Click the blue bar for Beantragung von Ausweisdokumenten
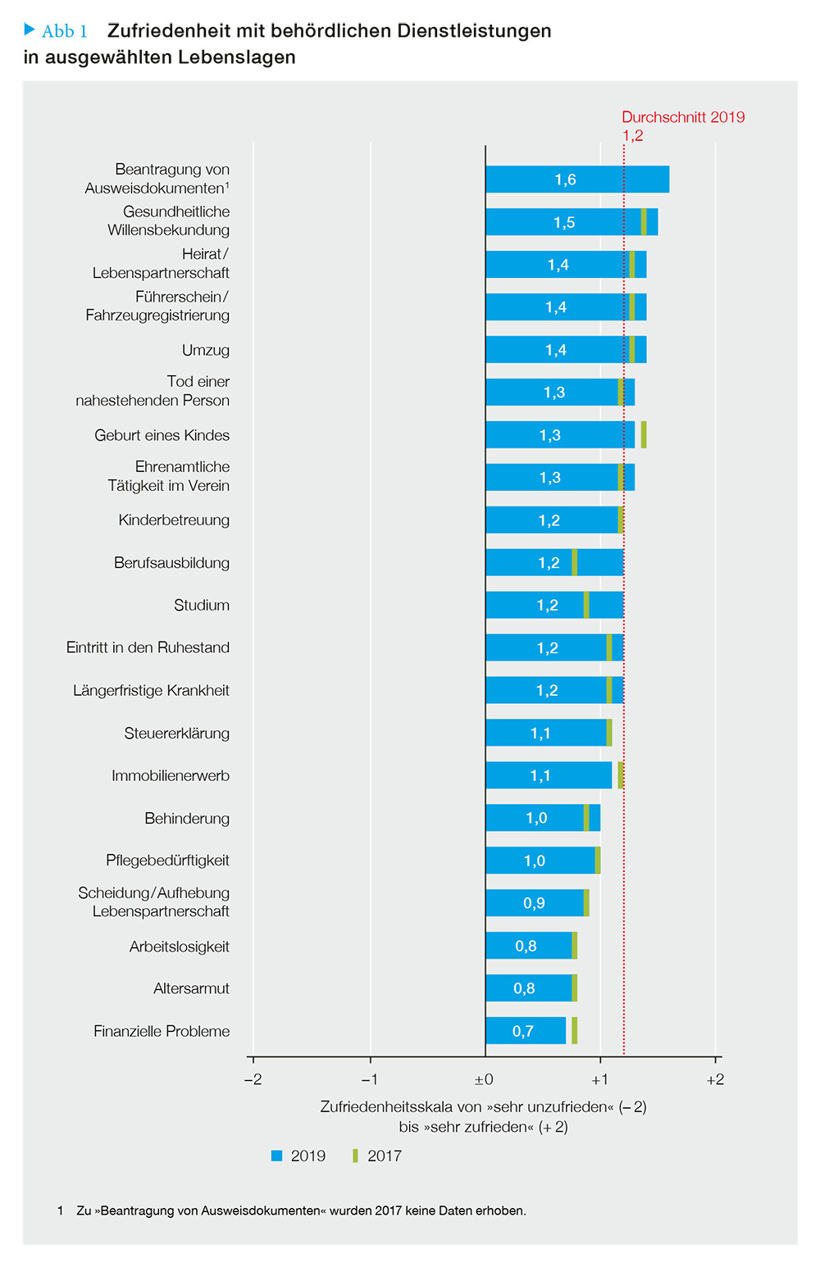tap(577, 179)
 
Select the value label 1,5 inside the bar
tap(564, 222)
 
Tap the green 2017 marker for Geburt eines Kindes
tap(644, 434)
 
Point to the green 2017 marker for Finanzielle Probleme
tap(574, 1030)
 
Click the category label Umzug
tap(206, 350)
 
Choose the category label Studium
tap(202, 605)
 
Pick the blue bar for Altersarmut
tap(529, 988)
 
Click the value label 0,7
tap(523, 1031)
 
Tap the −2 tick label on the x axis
tap(253, 1079)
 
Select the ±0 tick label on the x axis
tap(484, 1079)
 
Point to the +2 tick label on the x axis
tap(715, 1079)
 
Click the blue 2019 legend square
tap(276, 1156)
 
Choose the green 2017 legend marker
tap(355, 1156)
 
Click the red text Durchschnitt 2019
tap(683, 117)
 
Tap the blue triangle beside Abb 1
tap(30, 29)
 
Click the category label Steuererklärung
tap(176, 733)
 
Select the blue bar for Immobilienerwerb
tap(549, 775)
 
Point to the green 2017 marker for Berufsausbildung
tap(574, 562)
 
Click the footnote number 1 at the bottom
tap(60, 1210)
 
